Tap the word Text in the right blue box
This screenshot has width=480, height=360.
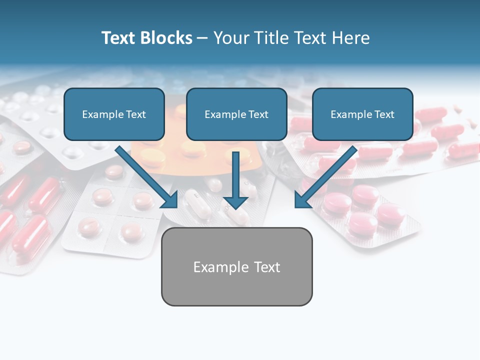384,114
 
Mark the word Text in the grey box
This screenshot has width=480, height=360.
267,267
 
